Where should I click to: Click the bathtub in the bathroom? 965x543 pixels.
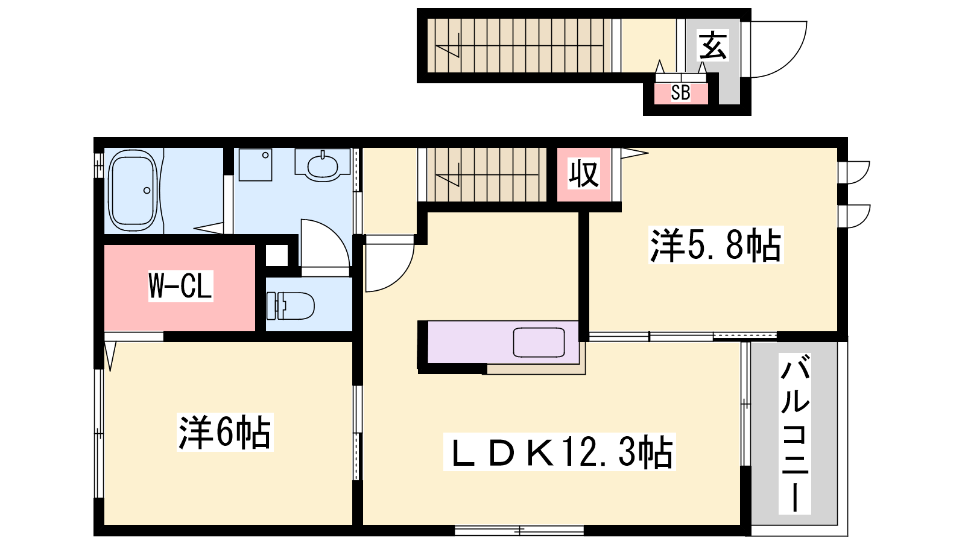133,190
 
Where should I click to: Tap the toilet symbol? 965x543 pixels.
290,306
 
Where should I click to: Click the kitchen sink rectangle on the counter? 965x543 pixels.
539,343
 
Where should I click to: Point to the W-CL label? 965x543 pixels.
180,286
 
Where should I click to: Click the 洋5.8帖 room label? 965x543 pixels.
715,245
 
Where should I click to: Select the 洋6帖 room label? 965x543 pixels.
225,432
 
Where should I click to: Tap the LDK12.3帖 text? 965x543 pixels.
559,452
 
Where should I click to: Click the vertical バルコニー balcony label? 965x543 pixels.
795,434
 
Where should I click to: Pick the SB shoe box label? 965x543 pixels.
681,93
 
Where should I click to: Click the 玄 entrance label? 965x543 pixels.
713,45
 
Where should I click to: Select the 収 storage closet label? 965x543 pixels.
584,174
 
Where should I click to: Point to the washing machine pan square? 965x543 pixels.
256,165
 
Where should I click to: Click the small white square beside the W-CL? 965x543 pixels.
277,256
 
